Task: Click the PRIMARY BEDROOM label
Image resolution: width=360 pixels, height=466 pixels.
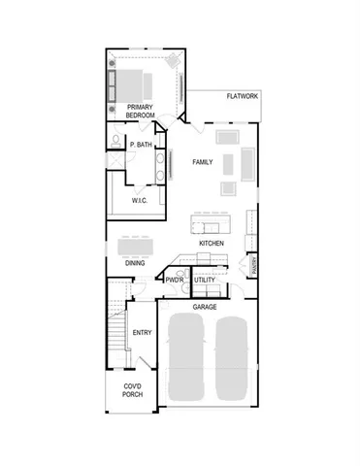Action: (x=141, y=110)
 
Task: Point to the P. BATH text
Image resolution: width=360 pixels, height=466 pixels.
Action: (x=142, y=145)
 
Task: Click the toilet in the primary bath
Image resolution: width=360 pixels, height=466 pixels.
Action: (x=115, y=143)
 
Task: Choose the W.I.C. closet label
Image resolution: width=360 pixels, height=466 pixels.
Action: (x=140, y=200)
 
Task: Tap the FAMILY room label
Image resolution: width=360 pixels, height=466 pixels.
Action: (x=203, y=161)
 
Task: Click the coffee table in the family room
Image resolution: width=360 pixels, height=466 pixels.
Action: (x=229, y=161)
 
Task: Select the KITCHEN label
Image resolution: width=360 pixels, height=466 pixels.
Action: (x=213, y=243)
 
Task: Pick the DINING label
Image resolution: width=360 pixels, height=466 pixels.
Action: (x=135, y=263)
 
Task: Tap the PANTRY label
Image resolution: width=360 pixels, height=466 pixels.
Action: (x=253, y=262)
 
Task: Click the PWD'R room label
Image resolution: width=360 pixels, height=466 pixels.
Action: (x=175, y=281)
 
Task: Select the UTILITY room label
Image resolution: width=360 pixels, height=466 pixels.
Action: (x=205, y=281)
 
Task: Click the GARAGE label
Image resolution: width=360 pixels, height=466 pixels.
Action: (x=204, y=307)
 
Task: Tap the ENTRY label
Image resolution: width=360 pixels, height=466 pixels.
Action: (x=143, y=332)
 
